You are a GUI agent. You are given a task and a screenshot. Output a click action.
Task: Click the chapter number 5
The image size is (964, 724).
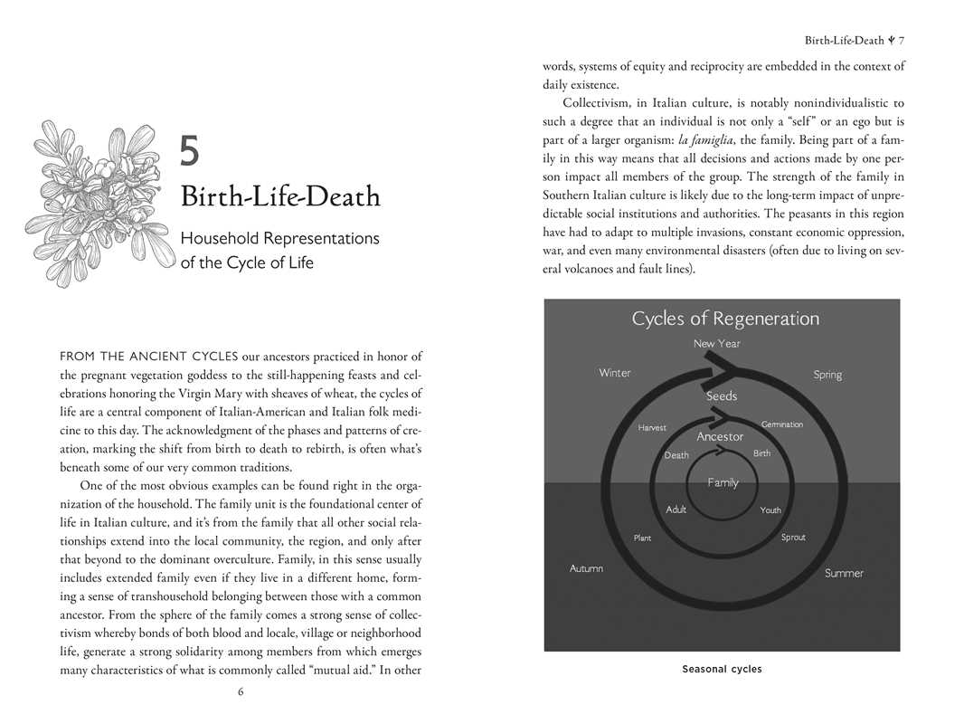(189, 150)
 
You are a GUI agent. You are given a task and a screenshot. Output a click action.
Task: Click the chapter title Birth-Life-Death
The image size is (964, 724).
(279, 196)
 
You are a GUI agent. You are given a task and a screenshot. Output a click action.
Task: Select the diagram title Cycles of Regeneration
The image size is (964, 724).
(725, 319)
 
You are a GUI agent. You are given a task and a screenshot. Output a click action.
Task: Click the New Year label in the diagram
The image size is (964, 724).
(716, 344)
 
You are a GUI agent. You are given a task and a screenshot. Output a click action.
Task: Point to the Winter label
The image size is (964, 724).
(615, 373)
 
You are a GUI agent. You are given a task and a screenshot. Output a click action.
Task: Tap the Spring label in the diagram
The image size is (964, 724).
(827, 375)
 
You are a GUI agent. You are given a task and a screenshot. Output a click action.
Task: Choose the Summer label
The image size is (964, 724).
(844, 573)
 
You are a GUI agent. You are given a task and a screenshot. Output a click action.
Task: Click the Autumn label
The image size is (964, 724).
(586, 568)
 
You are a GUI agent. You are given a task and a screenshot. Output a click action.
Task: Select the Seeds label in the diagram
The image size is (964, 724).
(722, 396)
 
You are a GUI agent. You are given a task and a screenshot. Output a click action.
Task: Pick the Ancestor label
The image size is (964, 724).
(720, 437)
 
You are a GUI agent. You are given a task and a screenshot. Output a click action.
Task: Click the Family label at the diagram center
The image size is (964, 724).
(723, 482)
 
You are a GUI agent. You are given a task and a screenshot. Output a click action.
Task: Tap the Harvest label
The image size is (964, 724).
(652, 427)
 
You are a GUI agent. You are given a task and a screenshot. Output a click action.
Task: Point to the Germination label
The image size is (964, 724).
(782, 424)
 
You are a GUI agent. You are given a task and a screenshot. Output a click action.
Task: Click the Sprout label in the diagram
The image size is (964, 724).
(793, 538)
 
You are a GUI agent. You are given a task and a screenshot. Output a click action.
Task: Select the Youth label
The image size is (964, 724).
(770, 510)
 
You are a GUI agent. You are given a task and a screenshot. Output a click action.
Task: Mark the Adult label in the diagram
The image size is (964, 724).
(676, 510)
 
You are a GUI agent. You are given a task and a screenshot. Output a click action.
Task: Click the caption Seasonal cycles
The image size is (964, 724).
(722, 670)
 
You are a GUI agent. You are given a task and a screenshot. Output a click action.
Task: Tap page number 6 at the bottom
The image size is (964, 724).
(241, 692)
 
